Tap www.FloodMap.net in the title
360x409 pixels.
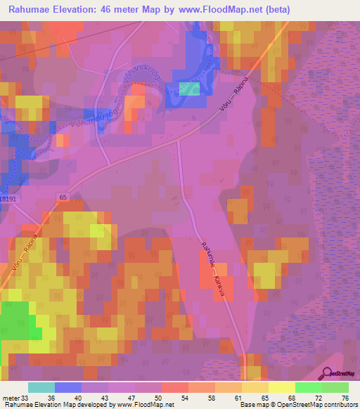pyautogui.click(x=218, y=10)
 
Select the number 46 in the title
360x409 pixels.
pyautogui.click(x=116, y=10)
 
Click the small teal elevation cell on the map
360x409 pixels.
pyautogui.click(x=189, y=89)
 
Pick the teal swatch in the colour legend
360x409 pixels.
pyautogui.click(x=41, y=387)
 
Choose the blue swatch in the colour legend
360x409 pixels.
pyautogui.click(x=68, y=387)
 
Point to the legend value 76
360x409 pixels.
pyautogui.click(x=345, y=397)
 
